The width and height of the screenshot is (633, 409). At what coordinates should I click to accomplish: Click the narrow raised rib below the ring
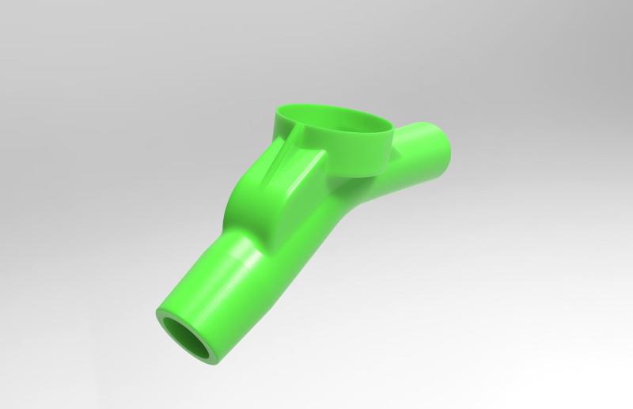[279, 162]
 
